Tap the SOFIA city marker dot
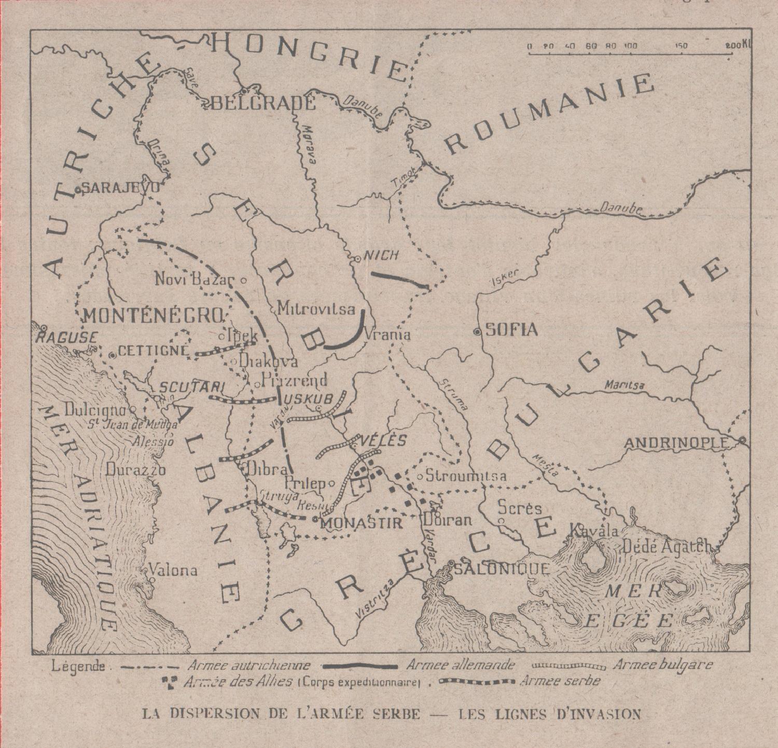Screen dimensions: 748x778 (x=477, y=333)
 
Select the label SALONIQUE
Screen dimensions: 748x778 (x=502, y=569)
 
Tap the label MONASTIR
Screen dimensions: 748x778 (x=362, y=523)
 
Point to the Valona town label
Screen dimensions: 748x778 (x=173, y=570)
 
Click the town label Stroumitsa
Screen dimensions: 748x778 (x=466, y=476)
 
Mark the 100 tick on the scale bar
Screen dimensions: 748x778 (x=630, y=46)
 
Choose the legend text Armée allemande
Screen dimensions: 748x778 (x=461, y=664)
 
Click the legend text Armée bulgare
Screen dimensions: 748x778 (x=663, y=664)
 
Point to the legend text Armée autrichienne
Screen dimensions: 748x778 (x=248, y=665)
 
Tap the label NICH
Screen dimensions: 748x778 (x=382, y=255)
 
